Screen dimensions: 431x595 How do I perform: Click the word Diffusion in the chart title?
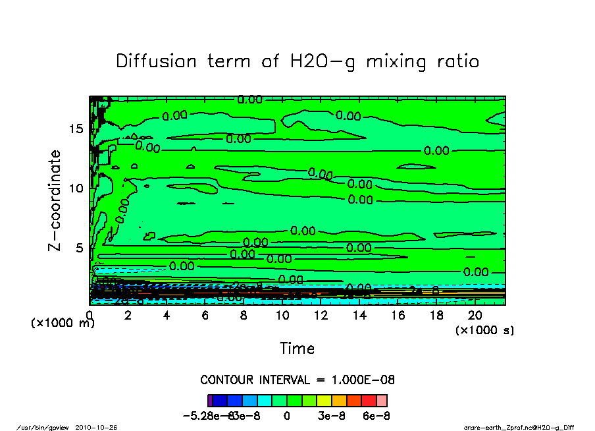coord(157,61)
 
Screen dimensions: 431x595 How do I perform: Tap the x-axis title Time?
coord(297,349)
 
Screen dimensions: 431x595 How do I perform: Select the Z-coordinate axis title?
coord(55,200)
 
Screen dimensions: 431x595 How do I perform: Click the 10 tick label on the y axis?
coord(76,188)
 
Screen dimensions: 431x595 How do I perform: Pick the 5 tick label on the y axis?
coord(80,248)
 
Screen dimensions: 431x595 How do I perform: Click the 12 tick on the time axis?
coord(321,316)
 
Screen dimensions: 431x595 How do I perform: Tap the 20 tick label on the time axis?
coord(475,316)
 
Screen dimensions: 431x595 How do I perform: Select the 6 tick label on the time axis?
coord(205,316)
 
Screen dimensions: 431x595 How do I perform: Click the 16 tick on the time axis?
coord(398,316)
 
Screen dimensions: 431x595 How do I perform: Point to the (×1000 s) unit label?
coord(484,330)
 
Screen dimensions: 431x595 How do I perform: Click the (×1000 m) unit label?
coord(63,323)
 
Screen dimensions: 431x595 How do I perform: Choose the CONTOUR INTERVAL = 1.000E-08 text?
coord(297,380)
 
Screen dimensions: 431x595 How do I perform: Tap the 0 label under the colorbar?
coord(287,417)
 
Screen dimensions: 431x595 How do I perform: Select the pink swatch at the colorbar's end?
coord(382,400)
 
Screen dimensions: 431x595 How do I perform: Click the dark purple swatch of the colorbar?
coord(210,400)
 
